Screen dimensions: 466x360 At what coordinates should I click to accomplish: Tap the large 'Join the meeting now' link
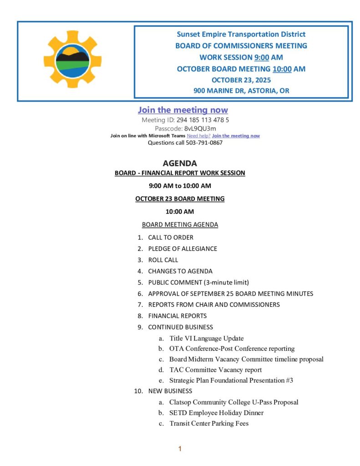[x=183, y=110]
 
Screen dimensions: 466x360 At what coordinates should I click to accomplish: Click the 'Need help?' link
[x=198, y=136]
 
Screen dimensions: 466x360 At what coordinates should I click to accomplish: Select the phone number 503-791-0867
[x=204, y=142]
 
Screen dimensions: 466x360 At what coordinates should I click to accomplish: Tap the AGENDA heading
[x=180, y=163]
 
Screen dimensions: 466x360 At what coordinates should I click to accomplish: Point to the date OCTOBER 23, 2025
[x=241, y=80]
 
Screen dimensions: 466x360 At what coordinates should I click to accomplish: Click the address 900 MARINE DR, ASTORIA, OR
[x=241, y=91]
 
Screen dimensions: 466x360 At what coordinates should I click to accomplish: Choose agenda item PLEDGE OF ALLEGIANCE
[x=183, y=249]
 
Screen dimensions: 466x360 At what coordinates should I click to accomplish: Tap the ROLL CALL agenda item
[x=163, y=260]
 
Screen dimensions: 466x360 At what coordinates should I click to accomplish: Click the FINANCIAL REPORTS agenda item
[x=177, y=316]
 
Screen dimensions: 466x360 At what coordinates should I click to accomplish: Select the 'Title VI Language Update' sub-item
[x=206, y=338]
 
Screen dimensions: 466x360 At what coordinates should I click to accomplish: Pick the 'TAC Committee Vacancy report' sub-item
[x=215, y=370]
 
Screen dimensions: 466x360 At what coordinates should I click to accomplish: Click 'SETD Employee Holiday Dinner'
[x=216, y=413]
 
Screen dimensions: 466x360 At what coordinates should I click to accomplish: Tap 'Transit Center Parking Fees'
[x=209, y=423]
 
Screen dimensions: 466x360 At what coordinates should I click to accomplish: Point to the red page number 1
[x=180, y=449]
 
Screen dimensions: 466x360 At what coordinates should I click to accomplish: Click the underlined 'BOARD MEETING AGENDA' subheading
[x=180, y=225]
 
